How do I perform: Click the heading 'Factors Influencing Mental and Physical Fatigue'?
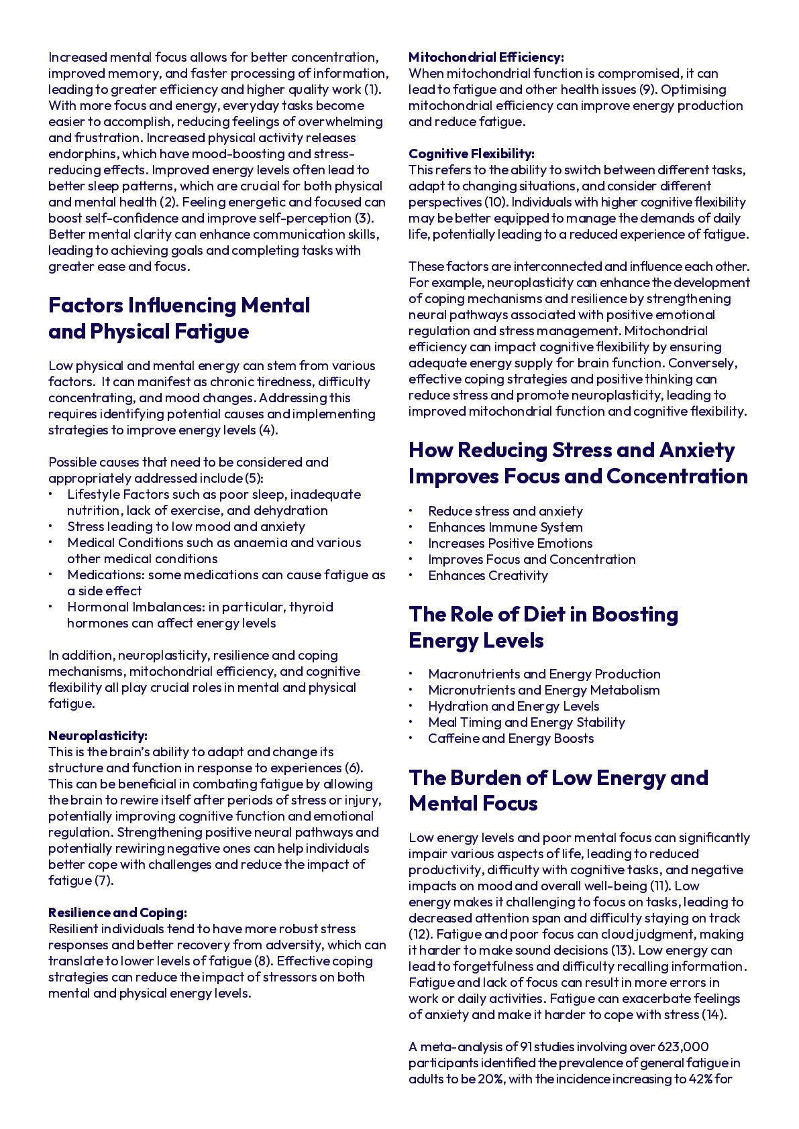click(x=179, y=318)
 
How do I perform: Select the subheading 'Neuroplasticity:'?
click(x=98, y=735)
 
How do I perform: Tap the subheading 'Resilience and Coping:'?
click(x=117, y=912)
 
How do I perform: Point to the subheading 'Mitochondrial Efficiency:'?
click(x=486, y=57)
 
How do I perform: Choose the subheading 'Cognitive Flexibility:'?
click(x=471, y=154)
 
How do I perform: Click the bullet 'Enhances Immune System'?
click(x=505, y=527)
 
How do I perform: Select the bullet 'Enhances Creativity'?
click(x=488, y=575)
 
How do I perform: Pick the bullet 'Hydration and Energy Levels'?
click(x=513, y=706)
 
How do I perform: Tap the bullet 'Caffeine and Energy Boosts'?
click(x=511, y=738)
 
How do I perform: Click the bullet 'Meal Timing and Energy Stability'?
click(x=527, y=722)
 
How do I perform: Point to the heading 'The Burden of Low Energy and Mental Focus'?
click(x=558, y=790)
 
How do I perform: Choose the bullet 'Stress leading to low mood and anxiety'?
click(x=186, y=526)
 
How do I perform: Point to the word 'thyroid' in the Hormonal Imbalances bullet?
click(x=311, y=607)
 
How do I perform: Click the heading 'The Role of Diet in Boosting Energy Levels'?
click(x=543, y=627)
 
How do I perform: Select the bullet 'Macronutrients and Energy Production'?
click(x=544, y=674)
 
